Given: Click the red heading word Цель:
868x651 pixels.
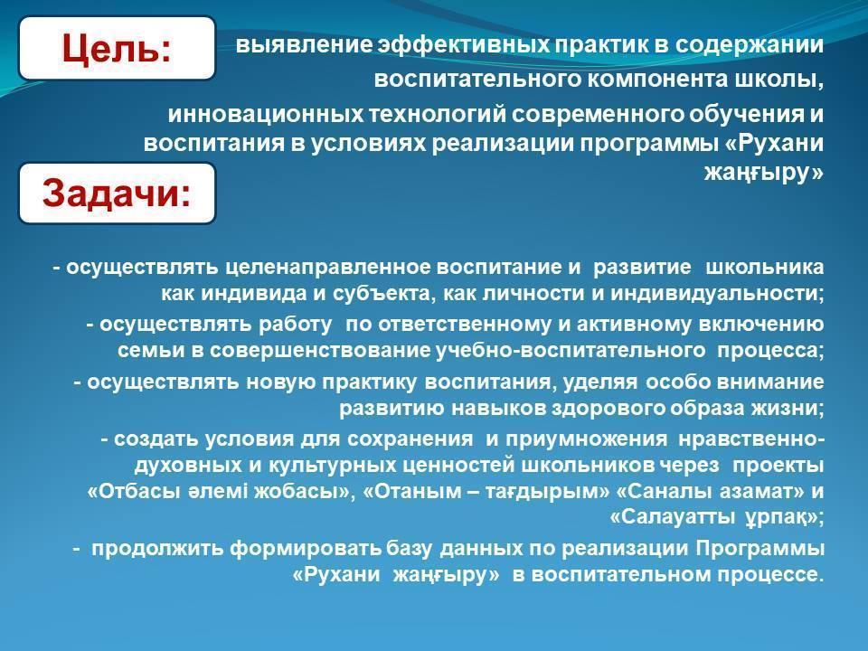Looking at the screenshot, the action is (x=117, y=48).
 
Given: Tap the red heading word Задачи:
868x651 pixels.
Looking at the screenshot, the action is (x=117, y=193).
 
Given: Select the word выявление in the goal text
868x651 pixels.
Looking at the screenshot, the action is (x=305, y=45).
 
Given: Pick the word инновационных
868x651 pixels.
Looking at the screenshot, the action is (x=266, y=115).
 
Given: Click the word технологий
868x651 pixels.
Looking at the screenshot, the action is (x=438, y=115).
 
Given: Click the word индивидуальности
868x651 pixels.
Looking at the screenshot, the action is (x=717, y=293).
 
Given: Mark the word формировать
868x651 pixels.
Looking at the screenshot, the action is (x=306, y=548).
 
